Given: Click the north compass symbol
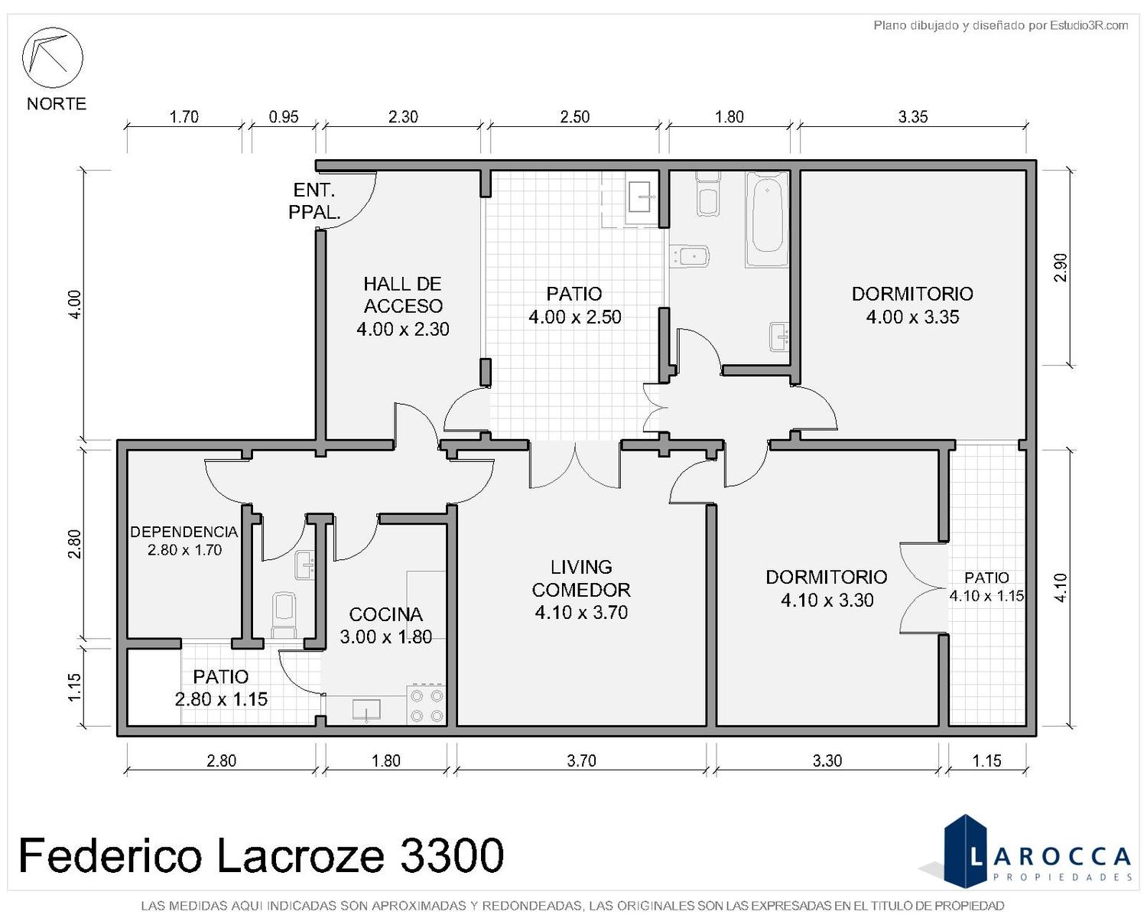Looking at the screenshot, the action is (52, 57).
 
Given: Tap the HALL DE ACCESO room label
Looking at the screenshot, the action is (402, 306).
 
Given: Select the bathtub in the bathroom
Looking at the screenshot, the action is (766, 220).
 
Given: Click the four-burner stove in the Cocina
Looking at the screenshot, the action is (426, 705).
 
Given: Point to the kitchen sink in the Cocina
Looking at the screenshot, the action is (366, 709).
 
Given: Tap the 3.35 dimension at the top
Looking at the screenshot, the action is (912, 117).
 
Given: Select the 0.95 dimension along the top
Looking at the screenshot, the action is (283, 117).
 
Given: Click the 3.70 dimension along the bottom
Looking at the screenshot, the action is (581, 760).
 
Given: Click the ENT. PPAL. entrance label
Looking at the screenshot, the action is (314, 201).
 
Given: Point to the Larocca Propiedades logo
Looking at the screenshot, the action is (1036, 858).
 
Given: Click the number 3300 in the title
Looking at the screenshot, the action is (451, 855).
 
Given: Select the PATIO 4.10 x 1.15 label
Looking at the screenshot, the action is (986, 586).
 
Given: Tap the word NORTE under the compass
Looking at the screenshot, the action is (57, 103).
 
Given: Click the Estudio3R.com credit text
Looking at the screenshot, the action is (1000, 25).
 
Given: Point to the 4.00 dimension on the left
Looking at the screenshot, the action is (75, 304).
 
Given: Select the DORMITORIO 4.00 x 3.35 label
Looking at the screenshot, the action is (912, 305).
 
